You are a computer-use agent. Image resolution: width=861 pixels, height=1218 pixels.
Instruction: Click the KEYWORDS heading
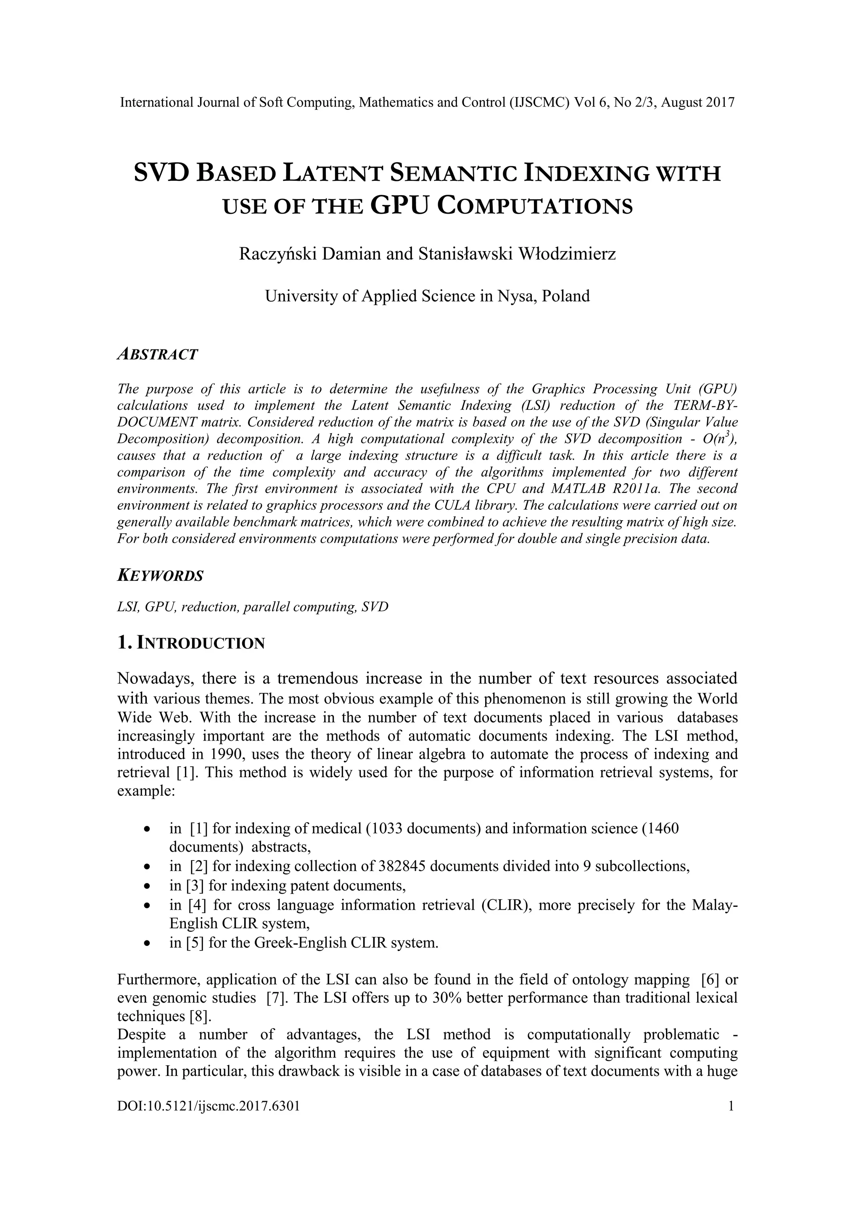(x=160, y=576)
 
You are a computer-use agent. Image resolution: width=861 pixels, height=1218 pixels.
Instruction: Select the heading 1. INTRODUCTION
(x=190, y=643)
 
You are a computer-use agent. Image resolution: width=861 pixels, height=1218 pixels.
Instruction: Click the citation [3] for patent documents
(x=195, y=885)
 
